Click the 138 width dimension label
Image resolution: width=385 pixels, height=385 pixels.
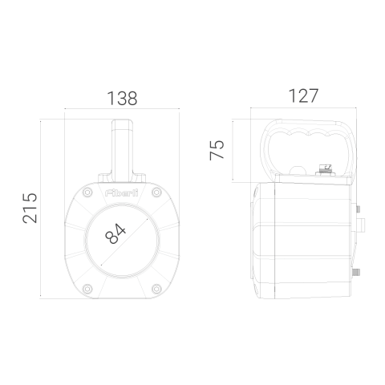click(122, 98)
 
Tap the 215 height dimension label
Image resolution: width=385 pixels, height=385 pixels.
click(30, 208)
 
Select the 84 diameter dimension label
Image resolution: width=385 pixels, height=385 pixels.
click(115, 234)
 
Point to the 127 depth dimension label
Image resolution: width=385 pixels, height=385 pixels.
click(303, 95)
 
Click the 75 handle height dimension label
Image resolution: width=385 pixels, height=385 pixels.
click(217, 150)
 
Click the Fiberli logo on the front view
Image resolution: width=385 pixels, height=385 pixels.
click(122, 192)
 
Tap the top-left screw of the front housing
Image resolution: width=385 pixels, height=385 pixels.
click(87, 192)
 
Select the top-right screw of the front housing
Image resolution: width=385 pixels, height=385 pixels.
click(156, 192)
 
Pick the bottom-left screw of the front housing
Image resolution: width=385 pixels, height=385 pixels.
click(87, 289)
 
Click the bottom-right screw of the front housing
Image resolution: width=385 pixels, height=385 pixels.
click(156, 289)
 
